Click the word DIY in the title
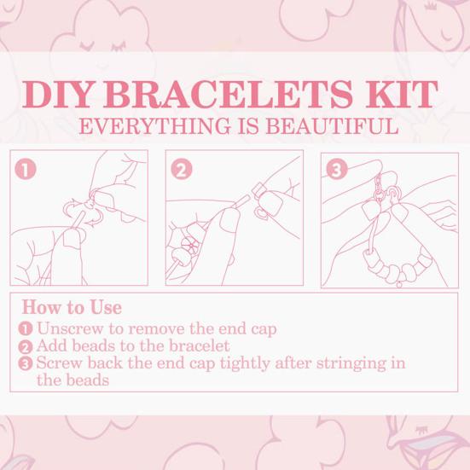coord(56,94)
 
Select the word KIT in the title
coord(402,94)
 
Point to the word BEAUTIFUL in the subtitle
coord(333,126)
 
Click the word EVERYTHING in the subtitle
coord(154,126)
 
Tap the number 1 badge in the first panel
coord(26,170)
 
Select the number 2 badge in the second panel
coord(182,170)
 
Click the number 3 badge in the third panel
coord(337,170)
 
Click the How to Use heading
coord(72,307)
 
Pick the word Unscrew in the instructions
coord(71,328)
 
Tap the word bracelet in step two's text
coord(199,345)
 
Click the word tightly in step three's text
coord(245,364)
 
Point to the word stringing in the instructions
coord(351,364)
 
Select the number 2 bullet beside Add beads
coord(26,347)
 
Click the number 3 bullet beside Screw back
coord(26,364)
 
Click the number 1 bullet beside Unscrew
coord(26,328)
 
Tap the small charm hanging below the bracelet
coord(399,283)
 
